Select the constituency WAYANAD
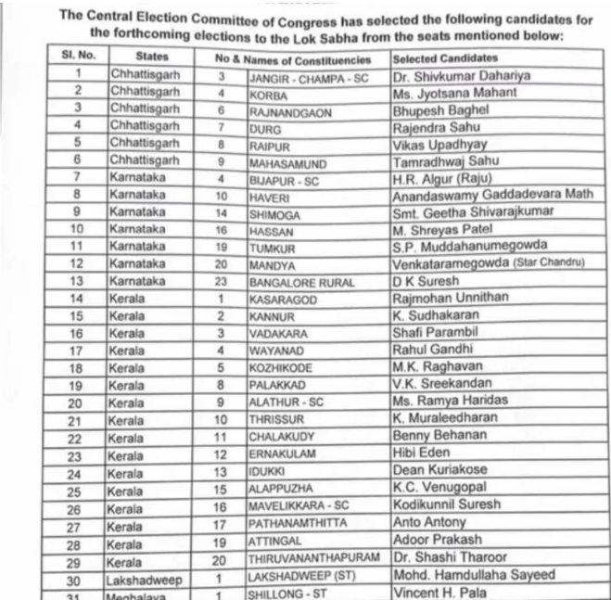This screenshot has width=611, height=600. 277,351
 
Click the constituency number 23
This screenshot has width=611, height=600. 223,281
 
